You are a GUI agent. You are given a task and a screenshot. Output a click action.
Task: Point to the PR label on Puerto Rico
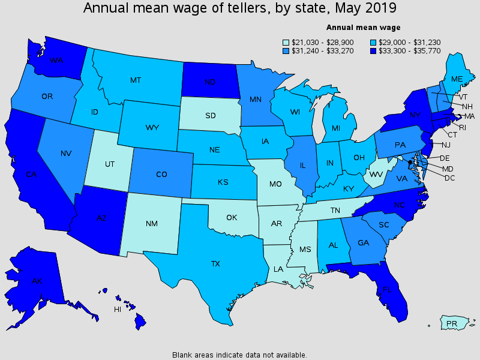pyautogui.click(x=452, y=324)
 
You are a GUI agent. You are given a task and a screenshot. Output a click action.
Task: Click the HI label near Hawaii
pyautogui.click(x=118, y=310)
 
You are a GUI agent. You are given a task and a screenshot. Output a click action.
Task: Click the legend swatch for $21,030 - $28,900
pyautogui.click(x=287, y=42)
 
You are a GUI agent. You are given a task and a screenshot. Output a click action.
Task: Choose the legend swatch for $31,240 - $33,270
pyautogui.click(x=287, y=51)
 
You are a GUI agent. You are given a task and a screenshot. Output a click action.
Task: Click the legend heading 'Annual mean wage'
pyautogui.click(x=363, y=27)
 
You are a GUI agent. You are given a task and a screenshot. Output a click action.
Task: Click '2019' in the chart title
pyautogui.click(x=382, y=8)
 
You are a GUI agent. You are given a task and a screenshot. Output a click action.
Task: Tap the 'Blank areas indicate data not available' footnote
pyautogui.click(x=239, y=355)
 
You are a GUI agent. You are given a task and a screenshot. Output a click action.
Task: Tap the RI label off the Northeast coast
pyautogui.click(x=463, y=127)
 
